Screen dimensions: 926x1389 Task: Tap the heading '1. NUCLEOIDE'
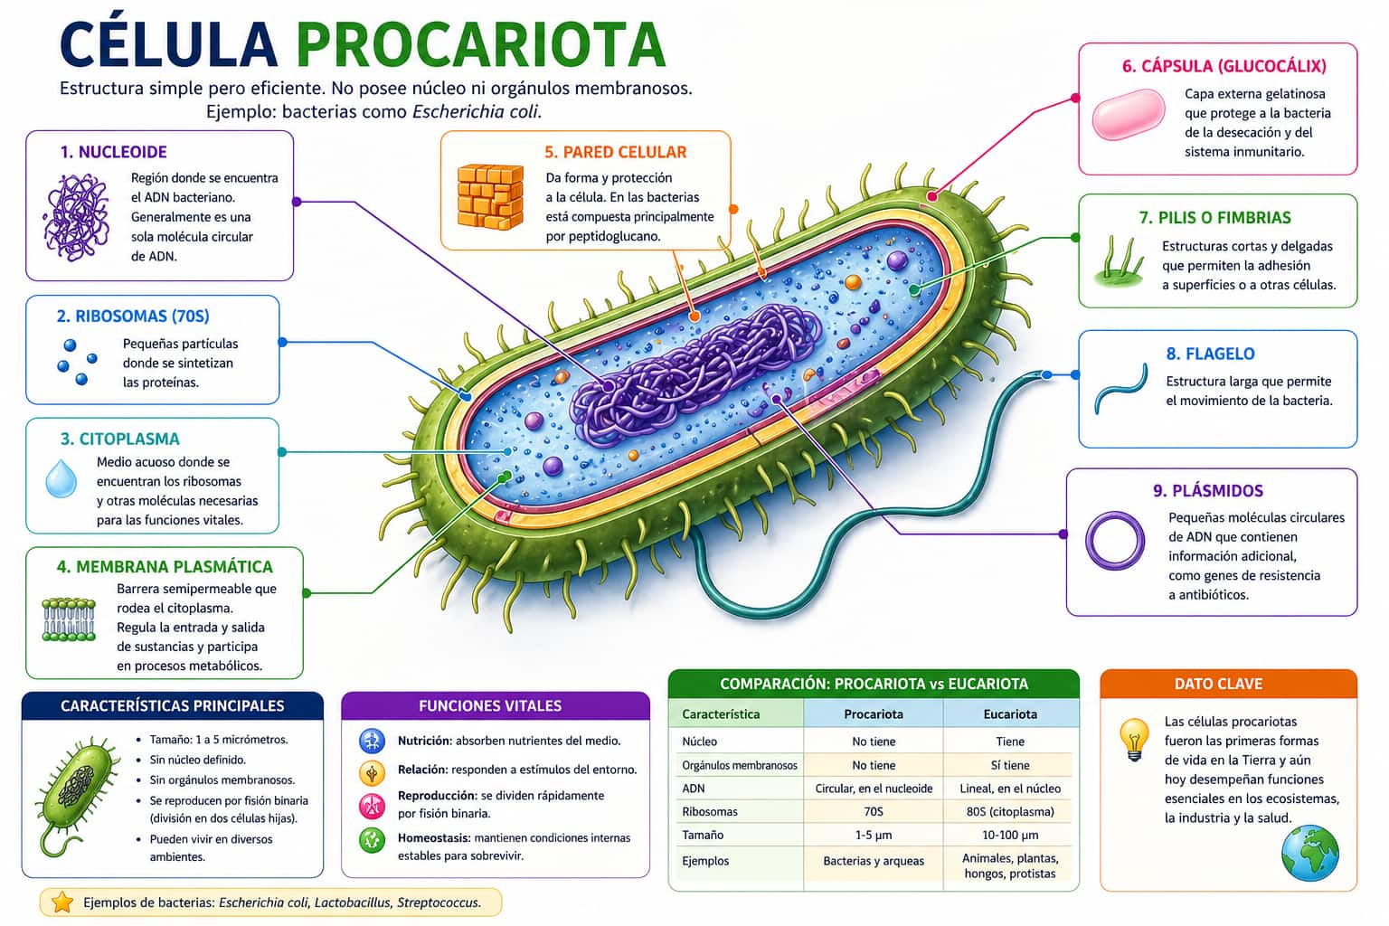(x=114, y=152)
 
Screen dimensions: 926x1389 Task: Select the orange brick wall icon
(x=490, y=197)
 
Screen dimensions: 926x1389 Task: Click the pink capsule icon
(x=1129, y=114)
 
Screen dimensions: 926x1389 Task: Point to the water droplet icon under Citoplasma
(x=61, y=479)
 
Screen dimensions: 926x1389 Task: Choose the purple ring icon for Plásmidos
(x=1114, y=541)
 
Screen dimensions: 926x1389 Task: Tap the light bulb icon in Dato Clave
(x=1133, y=738)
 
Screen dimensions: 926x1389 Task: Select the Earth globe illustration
(x=1309, y=852)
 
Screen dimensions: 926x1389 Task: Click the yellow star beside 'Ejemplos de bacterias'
(x=62, y=902)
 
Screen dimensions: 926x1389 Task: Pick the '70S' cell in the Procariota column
(x=873, y=811)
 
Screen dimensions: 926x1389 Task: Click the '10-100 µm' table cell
(x=1009, y=835)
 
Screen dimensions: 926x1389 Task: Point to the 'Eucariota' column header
(x=1009, y=713)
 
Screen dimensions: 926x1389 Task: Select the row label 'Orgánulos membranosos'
(x=739, y=765)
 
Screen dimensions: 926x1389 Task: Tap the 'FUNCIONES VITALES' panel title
(x=490, y=705)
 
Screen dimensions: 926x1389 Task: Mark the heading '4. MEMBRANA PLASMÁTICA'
(x=165, y=567)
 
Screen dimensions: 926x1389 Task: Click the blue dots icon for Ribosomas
(x=77, y=361)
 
